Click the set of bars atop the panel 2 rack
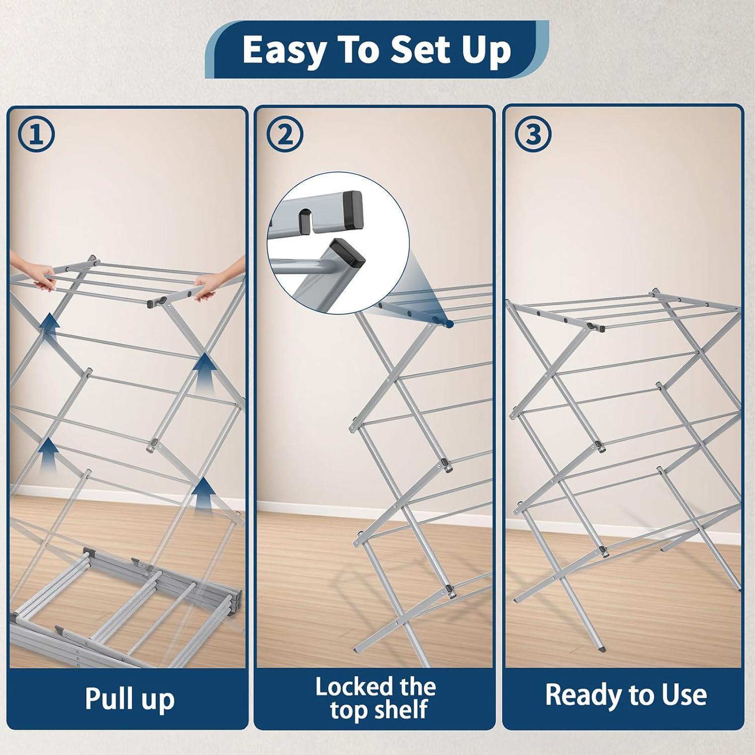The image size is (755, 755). (433, 302)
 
